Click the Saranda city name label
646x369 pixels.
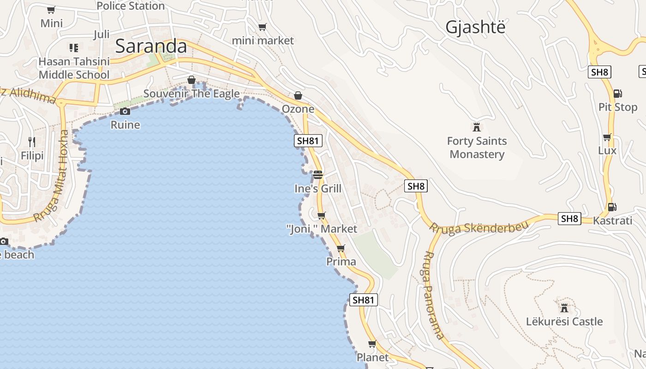151,46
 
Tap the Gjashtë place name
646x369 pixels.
475,27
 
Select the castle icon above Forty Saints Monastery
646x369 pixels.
477,126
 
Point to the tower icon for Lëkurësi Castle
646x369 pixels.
564,307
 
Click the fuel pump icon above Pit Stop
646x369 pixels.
617,94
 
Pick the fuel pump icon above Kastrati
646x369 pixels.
612,207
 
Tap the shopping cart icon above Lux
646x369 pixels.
607,137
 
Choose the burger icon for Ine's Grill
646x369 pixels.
317,175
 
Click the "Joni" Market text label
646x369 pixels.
322,229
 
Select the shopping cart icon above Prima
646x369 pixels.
341,248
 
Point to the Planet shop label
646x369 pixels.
372,357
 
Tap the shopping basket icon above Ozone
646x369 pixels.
298,95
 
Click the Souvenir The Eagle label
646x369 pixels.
191,94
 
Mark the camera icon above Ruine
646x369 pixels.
125,111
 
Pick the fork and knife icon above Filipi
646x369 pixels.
32,142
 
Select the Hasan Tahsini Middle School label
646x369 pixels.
74,68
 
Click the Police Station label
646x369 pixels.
131,6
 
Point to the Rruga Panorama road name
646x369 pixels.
434,295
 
